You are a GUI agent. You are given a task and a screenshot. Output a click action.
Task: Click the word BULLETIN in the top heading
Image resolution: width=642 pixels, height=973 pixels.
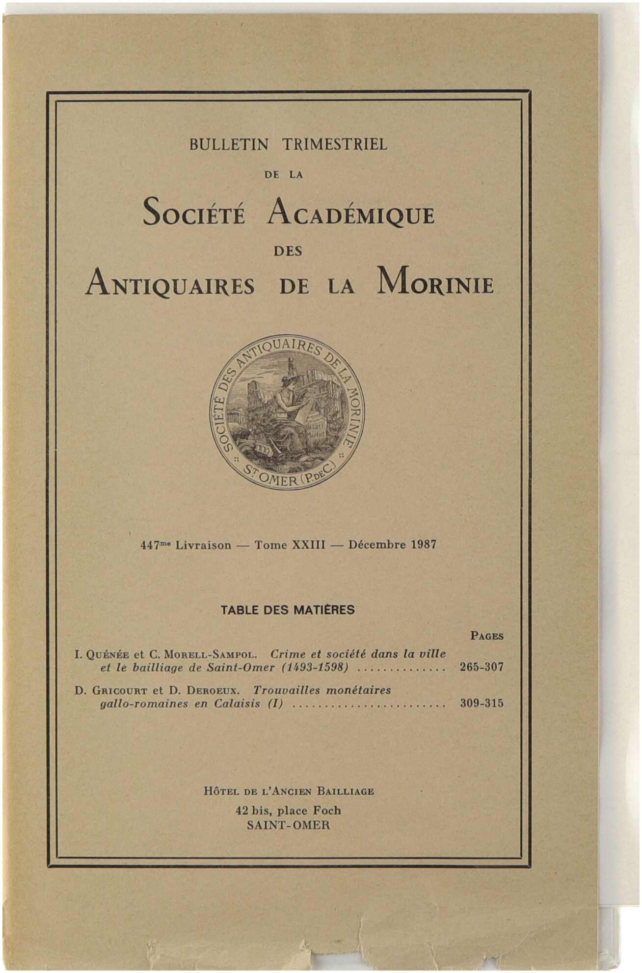tap(229, 144)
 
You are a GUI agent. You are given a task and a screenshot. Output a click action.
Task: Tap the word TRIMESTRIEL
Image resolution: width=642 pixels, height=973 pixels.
tap(335, 144)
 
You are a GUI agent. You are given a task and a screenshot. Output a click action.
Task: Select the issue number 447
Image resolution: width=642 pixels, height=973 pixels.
tap(149, 545)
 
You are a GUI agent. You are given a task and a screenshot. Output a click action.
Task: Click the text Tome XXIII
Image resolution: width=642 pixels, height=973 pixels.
tap(290, 545)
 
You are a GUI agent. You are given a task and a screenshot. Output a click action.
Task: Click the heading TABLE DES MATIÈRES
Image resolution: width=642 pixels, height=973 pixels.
tap(288, 610)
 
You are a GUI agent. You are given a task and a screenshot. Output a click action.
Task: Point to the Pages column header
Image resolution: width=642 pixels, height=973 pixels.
tap(486, 636)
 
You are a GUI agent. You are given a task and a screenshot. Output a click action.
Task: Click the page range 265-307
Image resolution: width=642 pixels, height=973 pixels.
tap(481, 667)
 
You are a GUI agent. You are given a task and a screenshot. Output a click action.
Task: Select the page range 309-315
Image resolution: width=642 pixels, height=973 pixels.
tap(481, 703)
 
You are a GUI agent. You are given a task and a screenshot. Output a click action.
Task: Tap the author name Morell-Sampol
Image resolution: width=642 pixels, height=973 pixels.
tap(209, 654)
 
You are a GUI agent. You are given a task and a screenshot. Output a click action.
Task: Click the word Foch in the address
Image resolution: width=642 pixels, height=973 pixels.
tap(327, 811)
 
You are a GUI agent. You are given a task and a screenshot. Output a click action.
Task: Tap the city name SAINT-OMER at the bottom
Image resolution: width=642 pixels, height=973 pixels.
tap(288, 825)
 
